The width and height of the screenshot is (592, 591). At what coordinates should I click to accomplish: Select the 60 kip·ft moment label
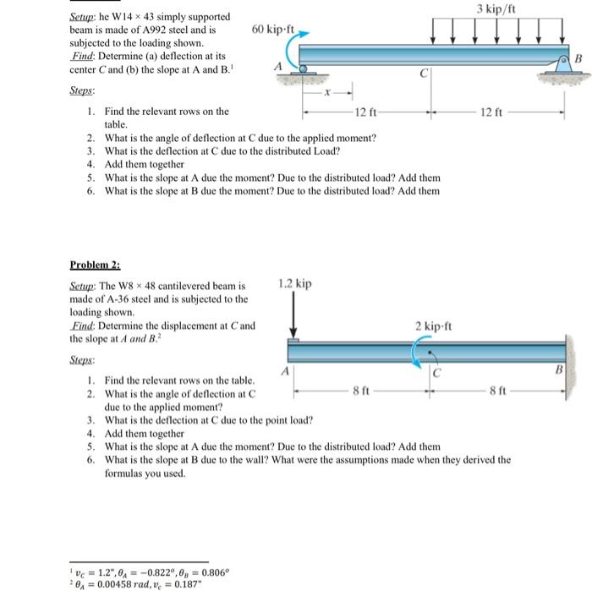(272, 30)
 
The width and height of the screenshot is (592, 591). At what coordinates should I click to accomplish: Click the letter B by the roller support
(579, 58)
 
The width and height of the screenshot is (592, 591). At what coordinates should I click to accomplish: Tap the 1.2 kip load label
(295, 282)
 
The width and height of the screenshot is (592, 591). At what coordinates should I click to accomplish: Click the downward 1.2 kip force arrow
(293, 318)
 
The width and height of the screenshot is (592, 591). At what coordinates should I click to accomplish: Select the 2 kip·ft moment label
(434, 326)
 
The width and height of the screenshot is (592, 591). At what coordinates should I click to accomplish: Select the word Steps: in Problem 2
(83, 359)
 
